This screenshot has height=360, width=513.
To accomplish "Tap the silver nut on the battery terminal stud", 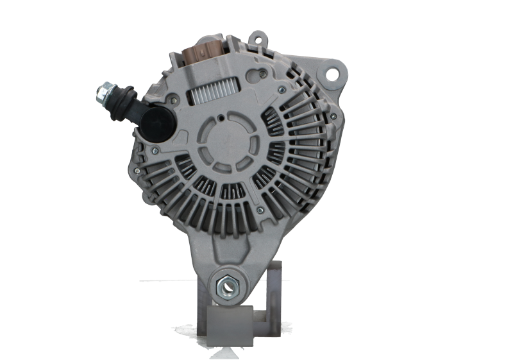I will [x=104, y=94].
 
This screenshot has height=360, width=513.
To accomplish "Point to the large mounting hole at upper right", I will [x=333, y=73].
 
